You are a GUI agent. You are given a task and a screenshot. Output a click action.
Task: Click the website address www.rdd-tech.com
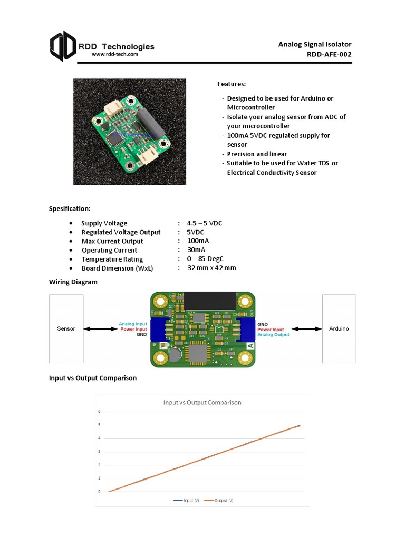[x=115, y=54]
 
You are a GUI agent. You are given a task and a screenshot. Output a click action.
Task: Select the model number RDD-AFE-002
[x=329, y=54]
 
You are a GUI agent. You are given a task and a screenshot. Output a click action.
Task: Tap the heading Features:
[x=232, y=84]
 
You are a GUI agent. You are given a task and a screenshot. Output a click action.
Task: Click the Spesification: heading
[x=70, y=209]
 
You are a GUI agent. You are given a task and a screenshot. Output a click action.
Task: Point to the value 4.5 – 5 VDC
[x=205, y=223]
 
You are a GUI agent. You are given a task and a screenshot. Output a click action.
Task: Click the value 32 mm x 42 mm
[x=211, y=268]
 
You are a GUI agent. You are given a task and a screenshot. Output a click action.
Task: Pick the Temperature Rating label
[x=112, y=259]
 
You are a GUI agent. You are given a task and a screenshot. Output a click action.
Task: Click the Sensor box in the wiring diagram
[x=66, y=328]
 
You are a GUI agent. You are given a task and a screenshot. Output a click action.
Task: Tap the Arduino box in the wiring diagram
[x=339, y=328]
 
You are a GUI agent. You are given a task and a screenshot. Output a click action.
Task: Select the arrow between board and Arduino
[x=306, y=329]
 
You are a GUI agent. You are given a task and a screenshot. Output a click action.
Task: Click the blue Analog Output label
[x=273, y=335]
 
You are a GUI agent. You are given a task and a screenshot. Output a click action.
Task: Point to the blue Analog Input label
[x=133, y=324]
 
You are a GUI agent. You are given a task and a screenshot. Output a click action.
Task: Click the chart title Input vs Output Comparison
[x=202, y=403]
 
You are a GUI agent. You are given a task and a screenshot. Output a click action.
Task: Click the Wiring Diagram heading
[x=73, y=282]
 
